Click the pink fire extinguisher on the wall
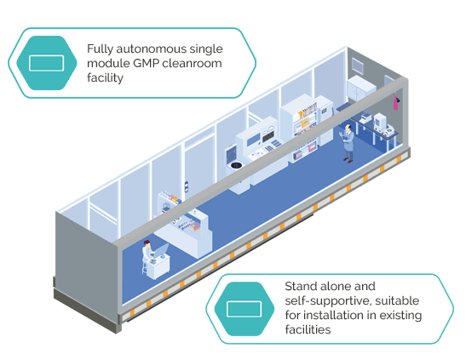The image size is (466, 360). [x=396, y=102]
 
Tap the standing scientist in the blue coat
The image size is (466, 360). [x=348, y=143]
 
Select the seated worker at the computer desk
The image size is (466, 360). [x=147, y=254]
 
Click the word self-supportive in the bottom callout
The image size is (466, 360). [x=328, y=300]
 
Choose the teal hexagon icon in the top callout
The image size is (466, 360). [x=46, y=63]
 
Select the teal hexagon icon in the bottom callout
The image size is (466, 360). [x=244, y=309]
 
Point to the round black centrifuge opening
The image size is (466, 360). [x=236, y=165]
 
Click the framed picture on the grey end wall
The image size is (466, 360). [x=357, y=66]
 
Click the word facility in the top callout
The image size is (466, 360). [x=105, y=77]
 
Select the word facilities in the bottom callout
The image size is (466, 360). [x=308, y=329]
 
